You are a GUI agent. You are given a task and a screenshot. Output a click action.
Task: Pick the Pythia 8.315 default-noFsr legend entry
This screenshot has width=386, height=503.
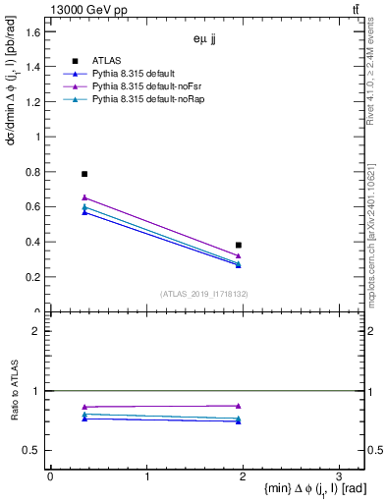[138, 86]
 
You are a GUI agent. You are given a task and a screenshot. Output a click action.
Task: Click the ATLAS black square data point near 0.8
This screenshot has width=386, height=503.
[84, 174]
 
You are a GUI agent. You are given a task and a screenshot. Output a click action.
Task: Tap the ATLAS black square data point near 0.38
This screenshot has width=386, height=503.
[239, 246]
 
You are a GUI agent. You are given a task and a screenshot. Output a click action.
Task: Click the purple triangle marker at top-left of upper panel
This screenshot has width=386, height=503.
[84, 197]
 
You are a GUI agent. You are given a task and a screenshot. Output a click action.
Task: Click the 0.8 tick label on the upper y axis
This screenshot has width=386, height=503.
[32, 173]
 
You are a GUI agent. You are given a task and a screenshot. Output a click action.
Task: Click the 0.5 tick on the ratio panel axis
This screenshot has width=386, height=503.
[32, 450]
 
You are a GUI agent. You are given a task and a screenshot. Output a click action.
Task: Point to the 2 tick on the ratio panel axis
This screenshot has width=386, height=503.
[37, 331]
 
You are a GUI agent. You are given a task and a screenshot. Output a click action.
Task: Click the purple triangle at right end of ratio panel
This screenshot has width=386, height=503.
[239, 405]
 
